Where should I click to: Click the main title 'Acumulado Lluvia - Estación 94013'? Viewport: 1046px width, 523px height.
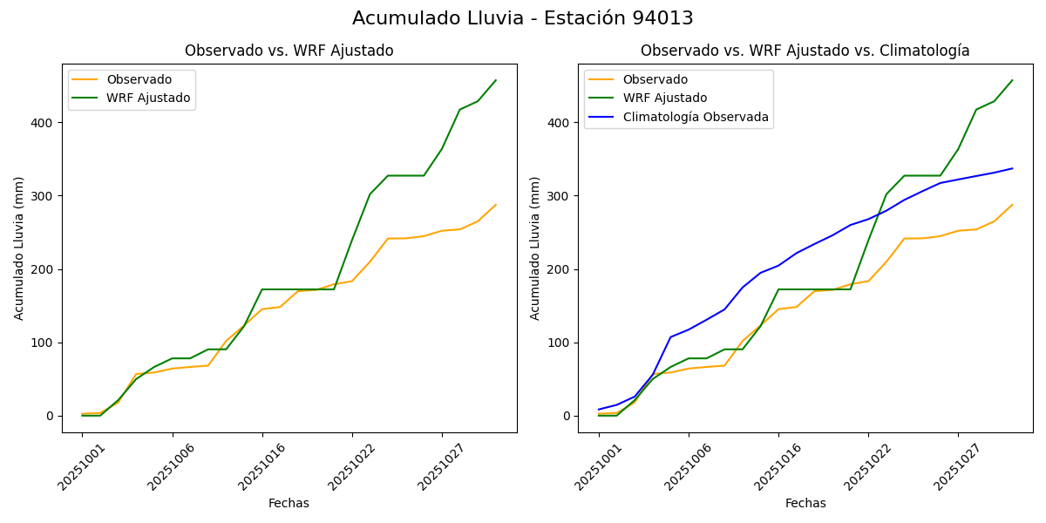523,18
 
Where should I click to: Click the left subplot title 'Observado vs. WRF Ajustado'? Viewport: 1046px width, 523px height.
289,51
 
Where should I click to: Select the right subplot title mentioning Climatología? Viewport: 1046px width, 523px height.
805,51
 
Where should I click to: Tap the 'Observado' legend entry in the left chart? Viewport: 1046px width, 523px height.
139,80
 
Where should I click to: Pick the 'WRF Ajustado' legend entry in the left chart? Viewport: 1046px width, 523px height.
148,98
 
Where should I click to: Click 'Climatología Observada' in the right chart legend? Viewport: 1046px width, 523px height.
695,117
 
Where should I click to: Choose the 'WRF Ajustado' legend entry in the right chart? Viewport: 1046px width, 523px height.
664,98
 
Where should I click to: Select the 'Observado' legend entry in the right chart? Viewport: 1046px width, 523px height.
655,80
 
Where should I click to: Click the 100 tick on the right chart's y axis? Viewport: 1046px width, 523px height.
560,343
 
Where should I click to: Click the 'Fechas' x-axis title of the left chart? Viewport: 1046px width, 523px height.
289,503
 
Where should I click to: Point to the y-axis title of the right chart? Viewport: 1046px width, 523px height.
535,248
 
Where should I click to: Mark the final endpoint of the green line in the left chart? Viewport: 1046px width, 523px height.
496,80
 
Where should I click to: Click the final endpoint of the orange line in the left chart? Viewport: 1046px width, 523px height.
496,205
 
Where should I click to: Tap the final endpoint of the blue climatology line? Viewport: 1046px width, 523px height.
1012,168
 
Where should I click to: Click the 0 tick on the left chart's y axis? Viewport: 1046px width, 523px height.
51,416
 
